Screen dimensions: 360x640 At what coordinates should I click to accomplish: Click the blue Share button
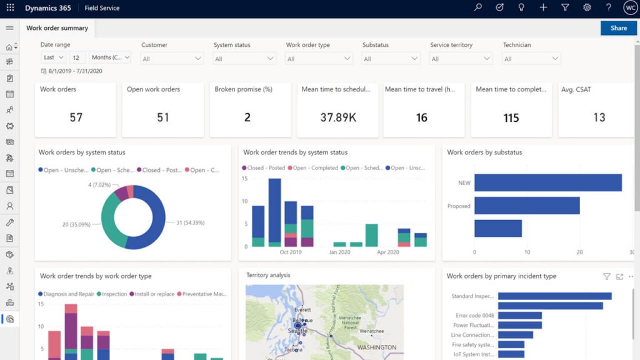click(618, 28)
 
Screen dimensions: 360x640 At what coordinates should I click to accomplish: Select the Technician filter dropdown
click(531, 59)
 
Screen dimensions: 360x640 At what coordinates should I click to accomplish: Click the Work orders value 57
click(76, 117)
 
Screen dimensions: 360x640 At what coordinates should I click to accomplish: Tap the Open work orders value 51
click(162, 117)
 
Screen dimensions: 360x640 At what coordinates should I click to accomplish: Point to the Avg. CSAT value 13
click(599, 117)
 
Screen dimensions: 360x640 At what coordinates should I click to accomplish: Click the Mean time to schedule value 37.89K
click(337, 117)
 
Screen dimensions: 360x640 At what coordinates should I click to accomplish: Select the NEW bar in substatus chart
click(548, 182)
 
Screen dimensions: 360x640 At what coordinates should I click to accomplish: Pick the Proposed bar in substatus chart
click(527, 206)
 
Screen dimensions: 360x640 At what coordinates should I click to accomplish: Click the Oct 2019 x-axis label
click(291, 252)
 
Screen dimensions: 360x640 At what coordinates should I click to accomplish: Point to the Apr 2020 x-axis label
click(387, 252)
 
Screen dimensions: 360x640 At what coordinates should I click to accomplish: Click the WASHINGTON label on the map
click(377, 347)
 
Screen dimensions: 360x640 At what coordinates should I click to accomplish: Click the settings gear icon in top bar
click(587, 8)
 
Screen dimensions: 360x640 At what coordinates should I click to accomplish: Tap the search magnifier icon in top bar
click(478, 8)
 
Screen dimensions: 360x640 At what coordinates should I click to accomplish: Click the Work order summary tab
click(57, 28)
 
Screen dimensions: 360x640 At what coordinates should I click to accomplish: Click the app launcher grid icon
click(10, 8)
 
